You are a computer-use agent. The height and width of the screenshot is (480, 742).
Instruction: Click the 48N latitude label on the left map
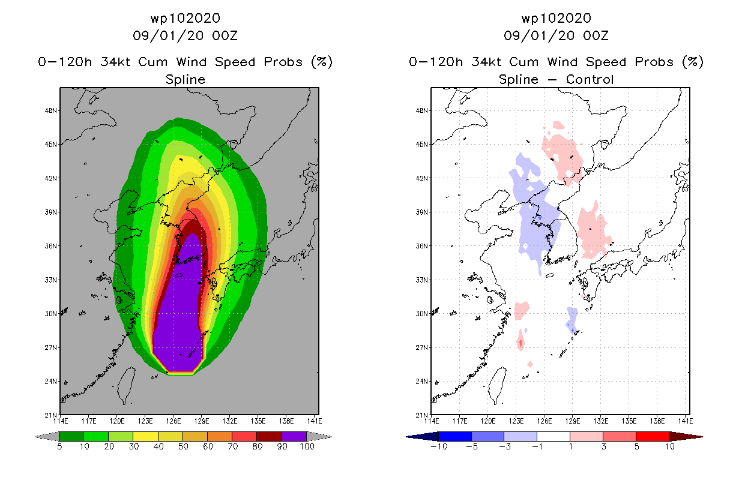pos(50,110)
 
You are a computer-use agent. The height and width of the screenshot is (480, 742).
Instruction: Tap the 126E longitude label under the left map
pos(173,421)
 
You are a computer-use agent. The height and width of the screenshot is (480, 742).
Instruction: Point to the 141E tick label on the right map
pos(686,421)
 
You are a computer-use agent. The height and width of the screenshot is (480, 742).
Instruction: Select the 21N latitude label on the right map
pos(421,415)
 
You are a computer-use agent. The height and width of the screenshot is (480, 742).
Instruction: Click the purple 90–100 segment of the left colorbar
pos(294,437)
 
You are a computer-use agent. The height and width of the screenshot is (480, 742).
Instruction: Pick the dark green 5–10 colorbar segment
pos(71,437)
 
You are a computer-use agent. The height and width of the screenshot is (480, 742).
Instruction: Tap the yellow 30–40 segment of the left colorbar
pos(146,437)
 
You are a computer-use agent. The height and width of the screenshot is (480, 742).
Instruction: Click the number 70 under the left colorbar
pos(233,446)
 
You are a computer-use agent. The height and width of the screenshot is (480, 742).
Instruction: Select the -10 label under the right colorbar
pos(439,446)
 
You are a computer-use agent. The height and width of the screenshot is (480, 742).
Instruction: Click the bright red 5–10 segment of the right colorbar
pos(653,437)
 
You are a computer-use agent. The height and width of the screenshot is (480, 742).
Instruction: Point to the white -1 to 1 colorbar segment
pos(553,437)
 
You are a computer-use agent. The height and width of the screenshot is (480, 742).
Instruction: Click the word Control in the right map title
pos(590,79)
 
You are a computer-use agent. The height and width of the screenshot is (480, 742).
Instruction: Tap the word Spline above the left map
pos(185,80)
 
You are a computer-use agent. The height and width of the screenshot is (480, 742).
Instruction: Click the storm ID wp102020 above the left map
pos(185,18)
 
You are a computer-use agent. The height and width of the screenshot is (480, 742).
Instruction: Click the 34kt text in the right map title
pos(487,62)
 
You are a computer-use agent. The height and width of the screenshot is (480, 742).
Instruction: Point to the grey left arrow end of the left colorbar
pos(47,437)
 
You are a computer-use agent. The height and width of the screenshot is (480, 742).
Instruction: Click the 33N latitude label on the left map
pos(50,280)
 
